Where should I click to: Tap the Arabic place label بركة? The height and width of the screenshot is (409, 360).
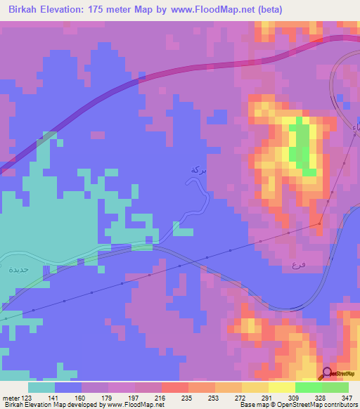point(199,170)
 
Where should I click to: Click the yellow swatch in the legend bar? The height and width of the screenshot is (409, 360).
point(281,387)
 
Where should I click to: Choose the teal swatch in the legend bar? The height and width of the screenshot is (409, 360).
point(41,387)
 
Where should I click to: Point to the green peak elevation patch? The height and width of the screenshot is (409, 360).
point(303,144)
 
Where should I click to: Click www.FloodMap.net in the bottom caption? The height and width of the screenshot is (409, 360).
point(135,405)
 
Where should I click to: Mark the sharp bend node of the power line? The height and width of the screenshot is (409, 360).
point(320,223)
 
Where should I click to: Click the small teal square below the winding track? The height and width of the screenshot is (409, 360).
point(183,232)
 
